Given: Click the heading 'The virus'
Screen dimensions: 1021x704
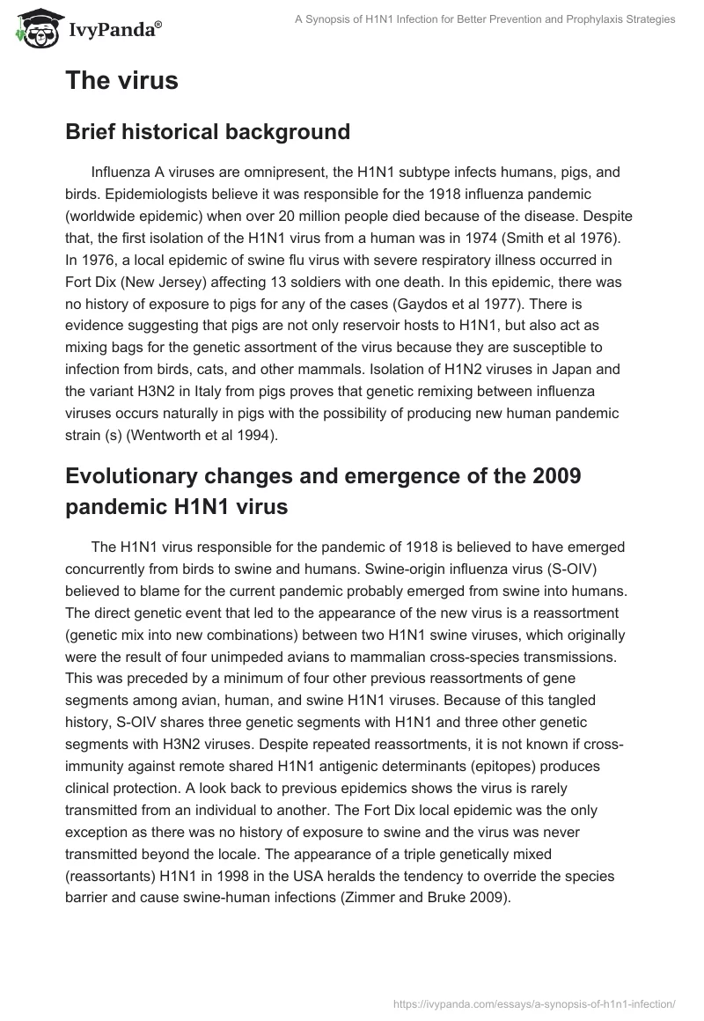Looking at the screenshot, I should coord(121,81).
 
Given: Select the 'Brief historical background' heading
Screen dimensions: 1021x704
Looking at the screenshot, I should coord(207,132).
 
